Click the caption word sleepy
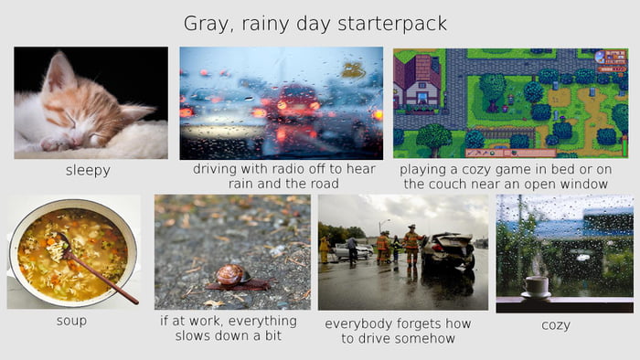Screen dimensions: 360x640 [x=88, y=170]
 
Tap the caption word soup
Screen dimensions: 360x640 [x=71, y=322]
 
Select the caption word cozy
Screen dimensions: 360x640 [x=555, y=324]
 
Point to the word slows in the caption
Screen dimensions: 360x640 [x=195, y=335]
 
